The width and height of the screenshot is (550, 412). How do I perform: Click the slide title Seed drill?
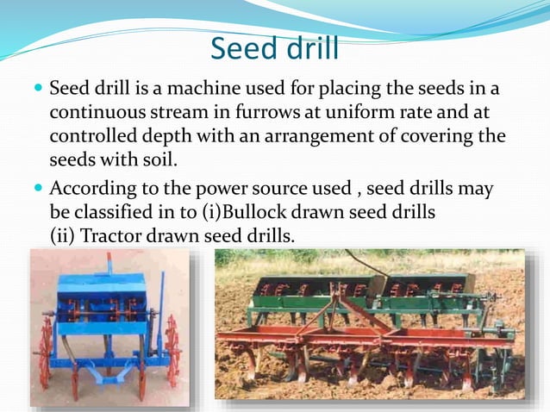274,48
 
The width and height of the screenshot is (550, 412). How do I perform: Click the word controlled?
91,138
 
